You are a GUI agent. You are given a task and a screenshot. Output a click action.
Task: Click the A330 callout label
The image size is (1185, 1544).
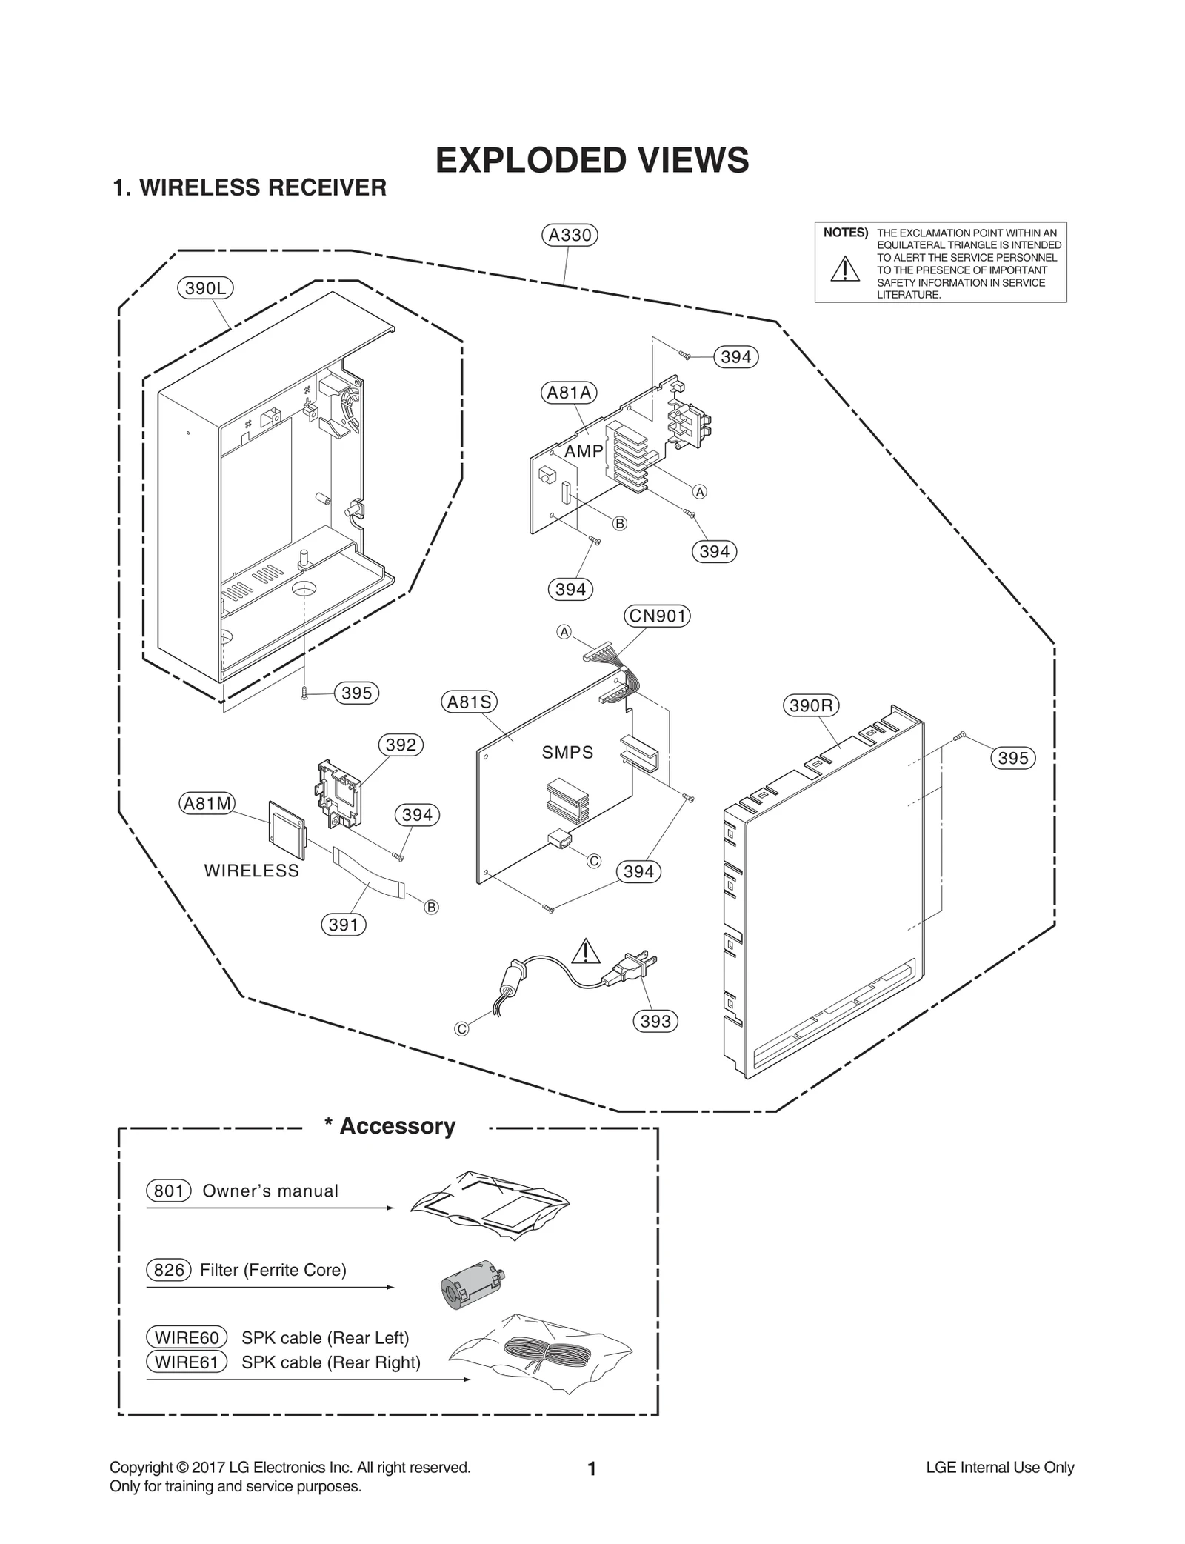[x=569, y=235]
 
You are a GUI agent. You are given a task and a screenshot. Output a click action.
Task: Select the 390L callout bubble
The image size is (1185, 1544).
[x=205, y=287]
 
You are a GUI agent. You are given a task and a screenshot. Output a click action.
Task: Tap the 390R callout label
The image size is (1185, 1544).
[x=810, y=705]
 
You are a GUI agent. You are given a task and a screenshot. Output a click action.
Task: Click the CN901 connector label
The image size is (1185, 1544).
[x=657, y=616]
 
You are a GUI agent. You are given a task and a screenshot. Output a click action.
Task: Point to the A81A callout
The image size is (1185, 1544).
[x=569, y=393]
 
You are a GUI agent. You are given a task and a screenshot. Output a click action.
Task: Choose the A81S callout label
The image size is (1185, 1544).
[x=469, y=702]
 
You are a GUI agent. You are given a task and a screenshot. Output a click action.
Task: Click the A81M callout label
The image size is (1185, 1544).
[x=207, y=803]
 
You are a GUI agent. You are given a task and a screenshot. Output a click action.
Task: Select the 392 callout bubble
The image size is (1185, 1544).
[x=401, y=745]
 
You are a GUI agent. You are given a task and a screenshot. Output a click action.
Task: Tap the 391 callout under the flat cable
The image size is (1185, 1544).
[x=343, y=925]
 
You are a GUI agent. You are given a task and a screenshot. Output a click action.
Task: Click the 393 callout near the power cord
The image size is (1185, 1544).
[x=655, y=1021]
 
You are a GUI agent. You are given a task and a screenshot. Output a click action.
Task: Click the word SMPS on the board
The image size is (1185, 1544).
[x=567, y=753]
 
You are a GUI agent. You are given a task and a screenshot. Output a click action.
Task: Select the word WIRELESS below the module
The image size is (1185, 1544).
[x=252, y=871]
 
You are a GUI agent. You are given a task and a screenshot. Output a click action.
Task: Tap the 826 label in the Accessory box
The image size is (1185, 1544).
[x=169, y=1270]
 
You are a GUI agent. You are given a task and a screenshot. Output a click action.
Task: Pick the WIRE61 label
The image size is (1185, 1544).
[x=187, y=1362]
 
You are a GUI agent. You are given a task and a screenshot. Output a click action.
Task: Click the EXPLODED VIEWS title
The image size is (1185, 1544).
[x=592, y=161]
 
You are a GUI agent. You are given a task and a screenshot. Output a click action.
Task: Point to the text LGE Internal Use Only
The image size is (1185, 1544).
[x=1000, y=1468]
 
